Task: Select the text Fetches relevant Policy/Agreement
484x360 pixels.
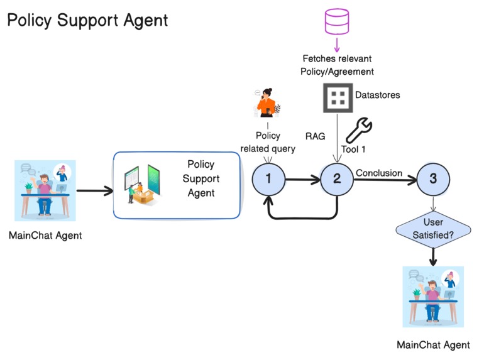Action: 338,65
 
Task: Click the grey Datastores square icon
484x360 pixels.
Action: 338,97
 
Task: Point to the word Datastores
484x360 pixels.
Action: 378,95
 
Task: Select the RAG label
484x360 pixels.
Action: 315,136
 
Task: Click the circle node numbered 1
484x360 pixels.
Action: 268,178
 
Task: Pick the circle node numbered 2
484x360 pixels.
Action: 337,178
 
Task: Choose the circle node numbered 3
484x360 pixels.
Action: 432,178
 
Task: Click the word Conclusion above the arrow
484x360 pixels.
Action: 378,173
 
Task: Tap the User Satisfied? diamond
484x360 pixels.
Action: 433,229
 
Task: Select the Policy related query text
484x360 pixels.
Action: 268,142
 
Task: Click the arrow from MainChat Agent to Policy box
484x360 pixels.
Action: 94,188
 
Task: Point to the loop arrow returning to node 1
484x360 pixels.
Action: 302,217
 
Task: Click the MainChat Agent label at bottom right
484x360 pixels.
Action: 433,345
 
